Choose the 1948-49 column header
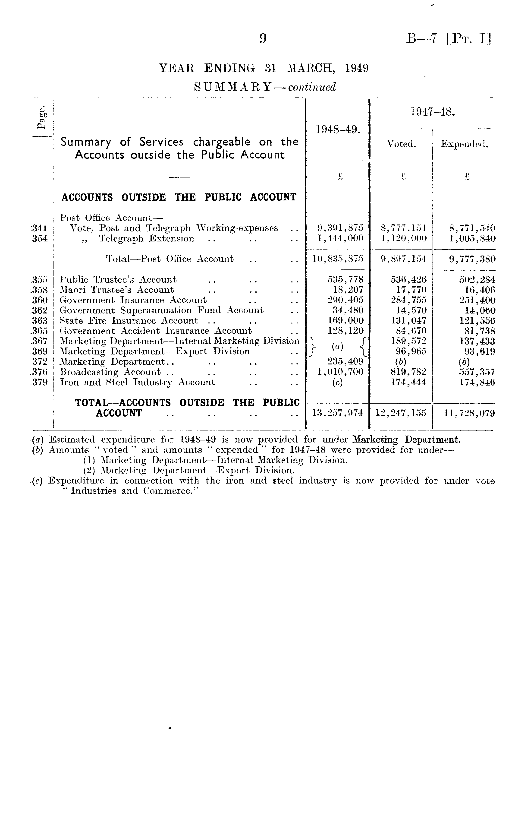(x=338, y=129)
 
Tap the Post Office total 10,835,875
(x=338, y=259)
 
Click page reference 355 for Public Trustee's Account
(x=39, y=280)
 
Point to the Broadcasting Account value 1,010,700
(x=340, y=372)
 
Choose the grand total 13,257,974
(x=338, y=413)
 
